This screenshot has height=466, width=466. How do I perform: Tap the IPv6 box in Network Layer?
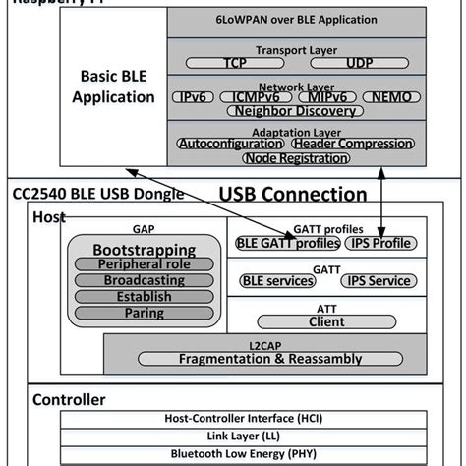tap(196, 97)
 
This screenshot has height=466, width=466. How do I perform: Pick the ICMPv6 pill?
tap(259, 97)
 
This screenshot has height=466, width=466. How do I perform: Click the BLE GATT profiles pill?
tap(288, 243)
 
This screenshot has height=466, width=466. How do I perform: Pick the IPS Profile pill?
tap(382, 243)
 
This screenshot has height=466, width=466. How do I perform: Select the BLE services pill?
tap(278, 280)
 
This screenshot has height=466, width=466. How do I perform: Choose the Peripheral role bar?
tap(144, 265)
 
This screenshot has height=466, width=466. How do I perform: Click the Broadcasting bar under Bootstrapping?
tap(144, 281)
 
